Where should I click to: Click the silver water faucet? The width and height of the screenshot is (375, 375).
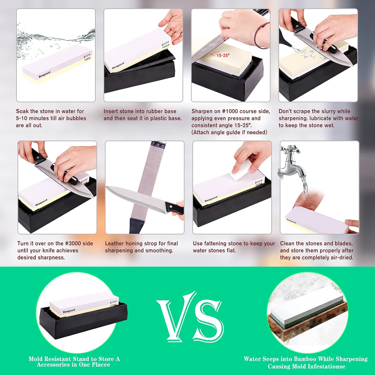[x=292, y=162]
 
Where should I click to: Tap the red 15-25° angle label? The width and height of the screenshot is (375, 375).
[x=222, y=55]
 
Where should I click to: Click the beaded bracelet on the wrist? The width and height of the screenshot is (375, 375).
[x=261, y=35]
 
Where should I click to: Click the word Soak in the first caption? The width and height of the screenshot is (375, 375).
[x=22, y=111]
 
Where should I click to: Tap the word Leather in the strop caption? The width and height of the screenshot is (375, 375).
[x=114, y=243]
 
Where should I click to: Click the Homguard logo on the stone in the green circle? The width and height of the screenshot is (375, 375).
[x=69, y=311]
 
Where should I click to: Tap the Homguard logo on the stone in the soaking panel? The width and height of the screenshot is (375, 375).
[x=44, y=74]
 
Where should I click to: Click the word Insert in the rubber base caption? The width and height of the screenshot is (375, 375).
[x=111, y=111]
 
